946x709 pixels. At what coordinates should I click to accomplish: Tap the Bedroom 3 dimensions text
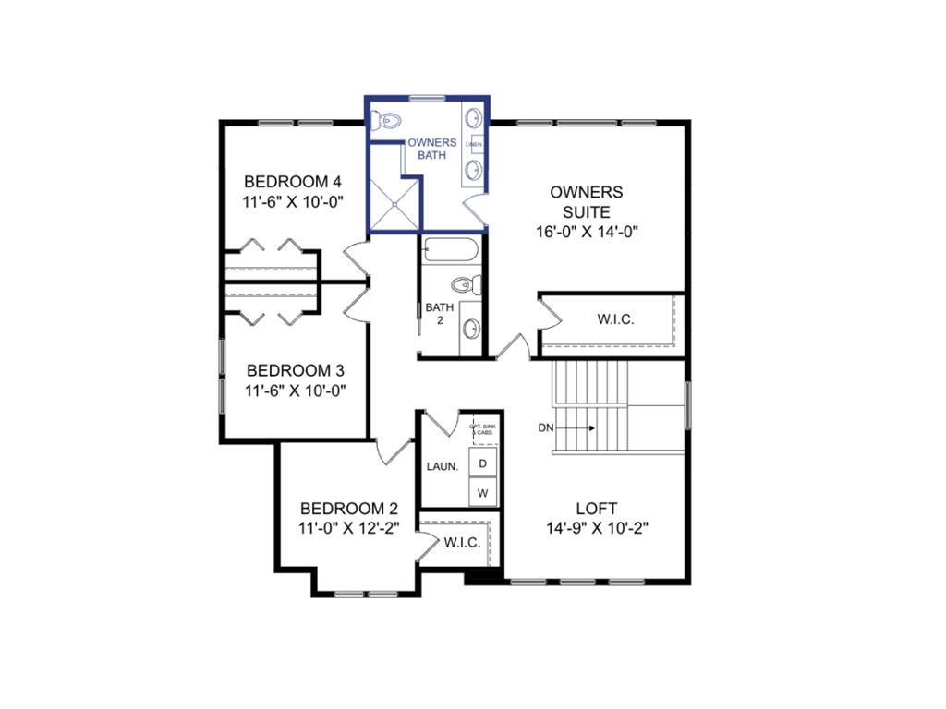pyautogui.click(x=293, y=391)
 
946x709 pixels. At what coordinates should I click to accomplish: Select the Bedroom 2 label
pyautogui.click(x=348, y=509)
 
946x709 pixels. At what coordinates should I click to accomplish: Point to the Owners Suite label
pyautogui.click(x=587, y=202)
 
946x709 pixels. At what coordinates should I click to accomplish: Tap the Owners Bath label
pyautogui.click(x=432, y=149)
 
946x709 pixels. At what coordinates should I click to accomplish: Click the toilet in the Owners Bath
pyautogui.click(x=387, y=120)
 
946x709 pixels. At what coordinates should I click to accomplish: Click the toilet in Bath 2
pyautogui.click(x=466, y=283)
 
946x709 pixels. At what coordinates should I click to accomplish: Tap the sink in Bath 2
pyautogui.click(x=470, y=327)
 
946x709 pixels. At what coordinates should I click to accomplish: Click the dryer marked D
pyautogui.click(x=482, y=463)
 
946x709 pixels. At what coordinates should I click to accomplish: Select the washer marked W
pyautogui.click(x=482, y=493)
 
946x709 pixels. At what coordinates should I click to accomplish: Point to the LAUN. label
pyautogui.click(x=443, y=467)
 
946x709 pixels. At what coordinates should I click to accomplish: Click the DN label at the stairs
pyautogui.click(x=547, y=427)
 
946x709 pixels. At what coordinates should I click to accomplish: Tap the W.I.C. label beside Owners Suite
pyautogui.click(x=615, y=319)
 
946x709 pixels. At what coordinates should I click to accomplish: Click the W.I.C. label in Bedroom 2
pyautogui.click(x=462, y=543)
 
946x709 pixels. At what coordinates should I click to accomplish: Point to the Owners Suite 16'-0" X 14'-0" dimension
pyautogui.click(x=587, y=233)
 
